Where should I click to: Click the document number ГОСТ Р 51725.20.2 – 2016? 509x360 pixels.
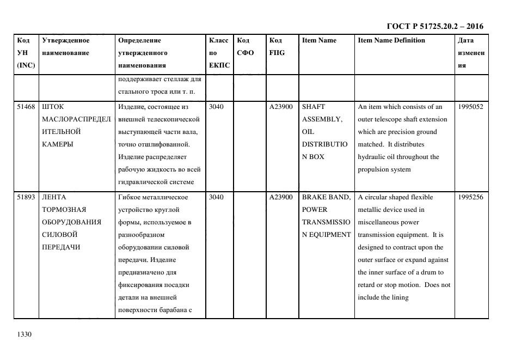click(434, 26)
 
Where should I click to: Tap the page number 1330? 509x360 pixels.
click(24, 334)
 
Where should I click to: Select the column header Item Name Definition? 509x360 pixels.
click(391, 40)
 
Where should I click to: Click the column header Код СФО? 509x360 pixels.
click(244, 47)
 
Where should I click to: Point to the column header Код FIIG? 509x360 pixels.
click(277, 47)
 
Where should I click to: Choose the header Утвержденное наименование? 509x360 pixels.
click(65, 47)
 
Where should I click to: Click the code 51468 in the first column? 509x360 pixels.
click(26, 107)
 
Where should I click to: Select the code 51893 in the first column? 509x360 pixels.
click(26, 197)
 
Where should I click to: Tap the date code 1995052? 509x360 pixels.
click(471, 107)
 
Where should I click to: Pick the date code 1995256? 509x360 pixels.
click(471, 197)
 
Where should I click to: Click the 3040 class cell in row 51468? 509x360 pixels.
click(216, 107)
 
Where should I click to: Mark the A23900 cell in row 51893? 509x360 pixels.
click(281, 197)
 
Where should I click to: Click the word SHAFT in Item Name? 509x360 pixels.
click(313, 107)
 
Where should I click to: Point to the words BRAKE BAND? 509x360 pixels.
click(326, 197)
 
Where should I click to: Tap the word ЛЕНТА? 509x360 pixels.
click(54, 197)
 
